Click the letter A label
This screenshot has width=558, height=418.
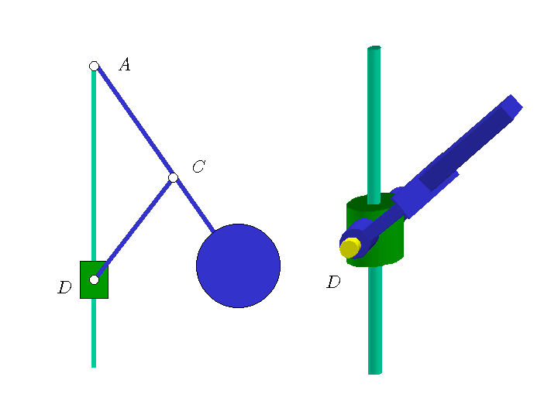click(125, 65)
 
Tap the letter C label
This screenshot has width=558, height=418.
click(199, 166)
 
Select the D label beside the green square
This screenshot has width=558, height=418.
click(64, 287)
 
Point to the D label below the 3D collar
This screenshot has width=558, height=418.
click(333, 282)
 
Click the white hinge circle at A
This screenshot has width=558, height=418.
click(94, 66)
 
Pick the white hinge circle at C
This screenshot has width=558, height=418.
click(174, 177)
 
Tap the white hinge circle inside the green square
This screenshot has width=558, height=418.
click(94, 279)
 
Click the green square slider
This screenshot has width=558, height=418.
click(94, 279)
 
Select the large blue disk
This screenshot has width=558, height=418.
click(239, 266)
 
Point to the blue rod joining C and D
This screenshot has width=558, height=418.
click(134, 228)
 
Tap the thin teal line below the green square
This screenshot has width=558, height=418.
click(94, 333)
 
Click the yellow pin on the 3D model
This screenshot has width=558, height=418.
click(350, 248)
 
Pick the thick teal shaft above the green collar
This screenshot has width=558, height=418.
click(374, 125)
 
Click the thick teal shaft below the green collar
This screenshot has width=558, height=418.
click(375, 320)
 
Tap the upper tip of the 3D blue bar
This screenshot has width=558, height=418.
click(515, 101)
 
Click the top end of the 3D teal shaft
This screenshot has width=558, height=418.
click(374, 47)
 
